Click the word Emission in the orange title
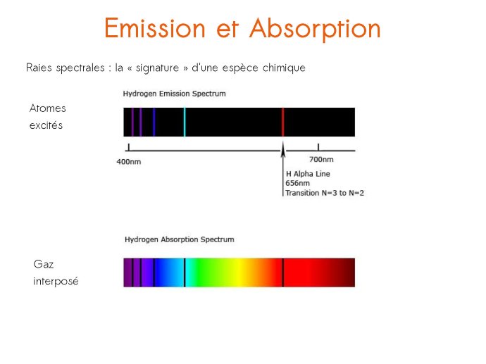click(x=155, y=28)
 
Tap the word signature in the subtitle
click(x=158, y=68)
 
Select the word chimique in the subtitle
click(x=284, y=68)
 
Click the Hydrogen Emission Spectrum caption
click(x=174, y=94)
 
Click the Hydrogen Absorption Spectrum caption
click(x=180, y=240)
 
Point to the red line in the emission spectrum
click(x=282, y=122)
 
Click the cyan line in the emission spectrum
click(x=185, y=122)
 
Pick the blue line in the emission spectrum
click(x=154, y=122)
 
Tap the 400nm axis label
click(x=129, y=162)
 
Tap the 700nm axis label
click(x=321, y=160)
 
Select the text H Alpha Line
click(x=308, y=174)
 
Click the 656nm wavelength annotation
click(x=297, y=183)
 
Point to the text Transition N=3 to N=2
click(x=325, y=193)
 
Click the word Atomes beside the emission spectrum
click(x=48, y=108)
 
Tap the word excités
click(x=46, y=125)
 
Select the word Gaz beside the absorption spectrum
click(x=44, y=264)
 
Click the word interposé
click(x=56, y=282)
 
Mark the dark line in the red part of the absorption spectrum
click(x=282, y=272)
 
